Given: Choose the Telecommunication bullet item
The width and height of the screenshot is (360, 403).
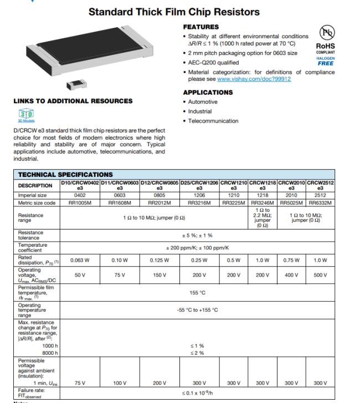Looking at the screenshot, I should (214, 121).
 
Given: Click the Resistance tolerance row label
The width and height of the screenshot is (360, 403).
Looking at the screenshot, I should (30, 236).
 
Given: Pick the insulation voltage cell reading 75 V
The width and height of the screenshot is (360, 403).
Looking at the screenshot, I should (80, 382).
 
